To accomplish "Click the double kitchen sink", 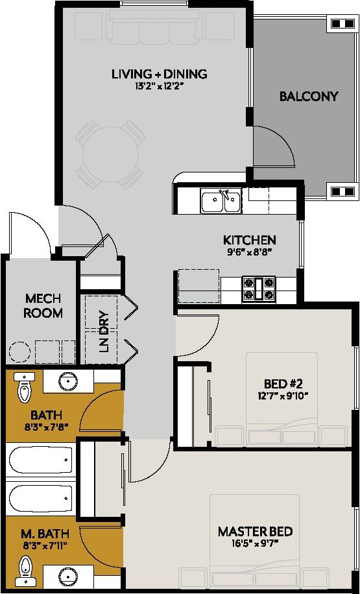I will click(221, 202).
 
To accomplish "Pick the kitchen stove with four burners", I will click(259, 289).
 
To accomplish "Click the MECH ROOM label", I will click(43, 305).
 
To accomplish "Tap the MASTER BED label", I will click(255, 532).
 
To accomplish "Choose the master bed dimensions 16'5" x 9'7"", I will click(255, 545).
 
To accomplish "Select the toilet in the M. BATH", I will click(25, 571).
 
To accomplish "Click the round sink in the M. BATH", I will click(67, 575).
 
